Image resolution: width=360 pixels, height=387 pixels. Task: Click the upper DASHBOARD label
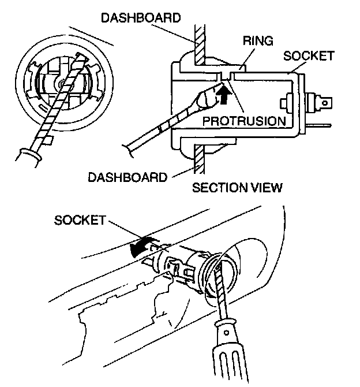click(140, 17)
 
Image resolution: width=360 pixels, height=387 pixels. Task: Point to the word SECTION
click(216, 188)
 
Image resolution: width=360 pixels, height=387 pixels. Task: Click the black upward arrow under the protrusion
click(223, 94)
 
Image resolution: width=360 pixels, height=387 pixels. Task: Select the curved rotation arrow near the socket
click(141, 246)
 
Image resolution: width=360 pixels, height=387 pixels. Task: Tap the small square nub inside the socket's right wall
click(283, 104)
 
